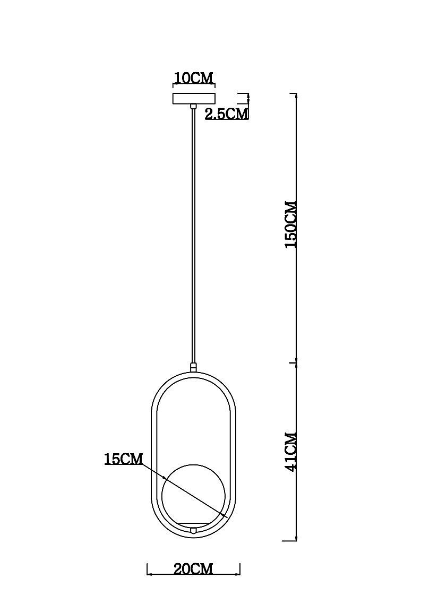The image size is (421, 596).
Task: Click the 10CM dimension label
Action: coord(194,78)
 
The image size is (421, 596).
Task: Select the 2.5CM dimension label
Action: coord(227,113)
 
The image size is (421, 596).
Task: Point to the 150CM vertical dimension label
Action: coord(291,224)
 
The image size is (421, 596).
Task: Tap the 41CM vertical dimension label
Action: coord(291,451)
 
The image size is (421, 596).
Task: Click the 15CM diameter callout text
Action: coord(124,459)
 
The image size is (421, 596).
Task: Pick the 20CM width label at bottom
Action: coord(193,569)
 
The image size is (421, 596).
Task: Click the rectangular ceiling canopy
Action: coord(194,99)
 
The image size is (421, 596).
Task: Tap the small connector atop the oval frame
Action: coord(194,367)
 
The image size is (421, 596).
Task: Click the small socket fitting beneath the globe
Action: coord(194,529)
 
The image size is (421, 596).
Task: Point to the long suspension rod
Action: coord(194,234)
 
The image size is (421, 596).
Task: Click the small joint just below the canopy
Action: coord(194,107)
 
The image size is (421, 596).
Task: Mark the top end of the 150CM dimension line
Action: coord(296,94)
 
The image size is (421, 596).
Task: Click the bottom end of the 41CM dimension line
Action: coord(296,540)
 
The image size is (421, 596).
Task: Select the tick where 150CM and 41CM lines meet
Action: coord(296,363)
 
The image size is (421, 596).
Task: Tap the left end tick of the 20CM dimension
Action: coord(147,569)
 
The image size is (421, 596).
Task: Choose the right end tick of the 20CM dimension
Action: coord(240,569)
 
